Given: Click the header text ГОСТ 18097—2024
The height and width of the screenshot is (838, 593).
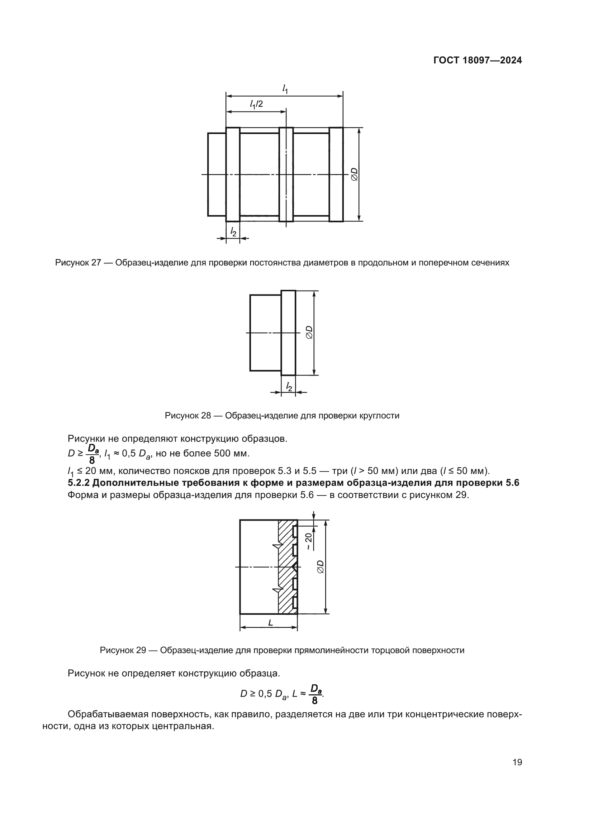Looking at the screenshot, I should click(477, 61).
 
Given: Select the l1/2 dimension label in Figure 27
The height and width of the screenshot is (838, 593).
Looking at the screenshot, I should click(256, 104).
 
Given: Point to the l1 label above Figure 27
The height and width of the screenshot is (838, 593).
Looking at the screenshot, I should click(285, 89).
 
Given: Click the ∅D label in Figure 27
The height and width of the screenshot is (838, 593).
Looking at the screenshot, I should click(354, 174).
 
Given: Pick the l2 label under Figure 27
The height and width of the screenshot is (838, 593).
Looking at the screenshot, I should click(233, 231).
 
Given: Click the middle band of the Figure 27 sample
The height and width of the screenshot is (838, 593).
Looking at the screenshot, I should click(286, 174).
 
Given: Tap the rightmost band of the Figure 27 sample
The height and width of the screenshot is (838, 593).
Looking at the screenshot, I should click(336, 174).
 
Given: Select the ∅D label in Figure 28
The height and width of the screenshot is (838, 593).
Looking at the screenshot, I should click(309, 332).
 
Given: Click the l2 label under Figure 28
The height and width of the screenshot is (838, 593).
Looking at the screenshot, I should click(289, 386).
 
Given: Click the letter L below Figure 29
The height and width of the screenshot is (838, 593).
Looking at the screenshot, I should click(270, 623).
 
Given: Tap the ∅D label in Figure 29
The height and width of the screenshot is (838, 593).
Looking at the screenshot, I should click(321, 567).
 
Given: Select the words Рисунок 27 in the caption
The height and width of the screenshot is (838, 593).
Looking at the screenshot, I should click(77, 263).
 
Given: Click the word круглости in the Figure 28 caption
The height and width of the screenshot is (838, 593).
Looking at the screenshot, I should click(381, 415).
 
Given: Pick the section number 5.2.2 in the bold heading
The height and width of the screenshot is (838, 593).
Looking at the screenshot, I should click(79, 483).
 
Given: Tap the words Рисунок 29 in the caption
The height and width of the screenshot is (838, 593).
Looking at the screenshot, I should click(123, 650).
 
